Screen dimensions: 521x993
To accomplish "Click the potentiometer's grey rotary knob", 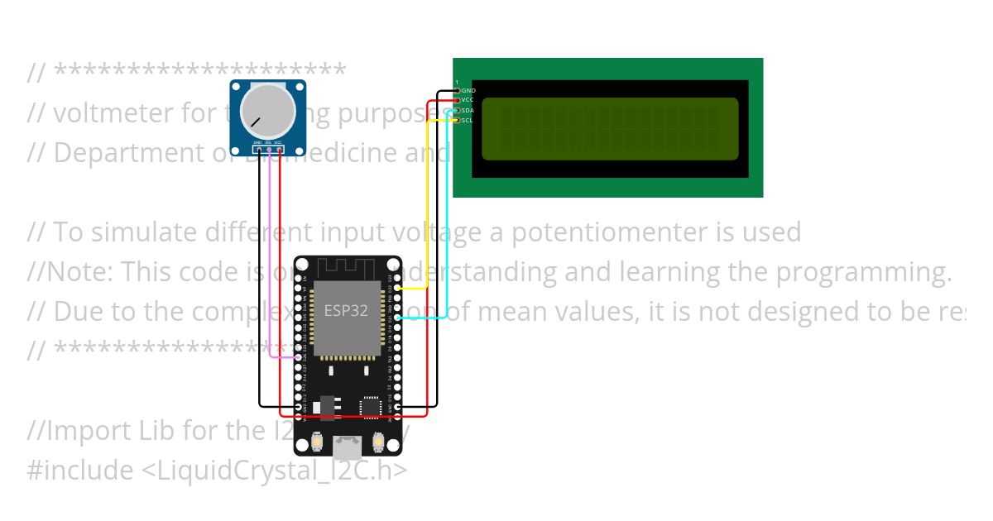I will [267, 115].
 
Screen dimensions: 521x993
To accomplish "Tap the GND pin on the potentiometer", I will [258, 150].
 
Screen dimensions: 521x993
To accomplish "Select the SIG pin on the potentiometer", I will [268, 150].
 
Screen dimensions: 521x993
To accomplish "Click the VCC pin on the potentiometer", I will [279, 150].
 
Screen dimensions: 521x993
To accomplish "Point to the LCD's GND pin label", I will [468, 90].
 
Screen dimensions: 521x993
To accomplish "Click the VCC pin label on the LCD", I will [468, 100].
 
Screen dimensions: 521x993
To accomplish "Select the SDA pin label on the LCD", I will [468, 110].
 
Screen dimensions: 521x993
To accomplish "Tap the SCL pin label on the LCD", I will [468, 121].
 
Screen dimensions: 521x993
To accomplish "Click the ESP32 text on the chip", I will [346, 311].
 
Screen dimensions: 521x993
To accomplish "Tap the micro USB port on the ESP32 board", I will [348, 448].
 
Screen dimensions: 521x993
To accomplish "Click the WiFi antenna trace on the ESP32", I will [348, 268].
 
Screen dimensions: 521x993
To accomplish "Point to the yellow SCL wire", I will [426, 207].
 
